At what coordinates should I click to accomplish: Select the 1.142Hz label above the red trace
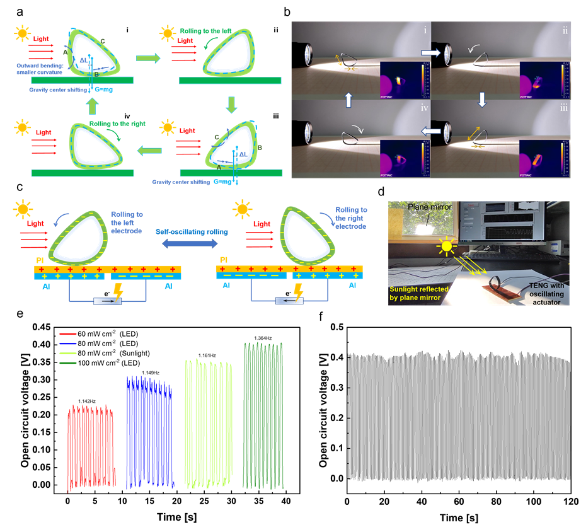click(x=87, y=401)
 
